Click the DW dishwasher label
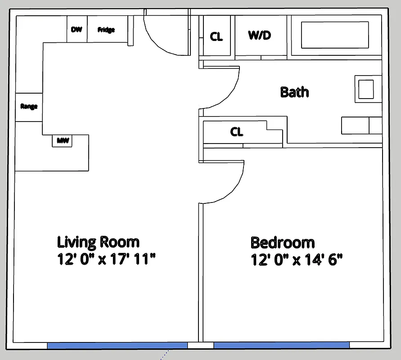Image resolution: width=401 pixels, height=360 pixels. click(77, 30)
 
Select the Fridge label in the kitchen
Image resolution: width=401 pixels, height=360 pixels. click(106, 30)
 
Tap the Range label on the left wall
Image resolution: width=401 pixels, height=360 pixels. click(29, 107)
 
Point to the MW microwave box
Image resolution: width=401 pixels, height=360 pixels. click(63, 140)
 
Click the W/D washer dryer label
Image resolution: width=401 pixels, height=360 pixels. click(260, 36)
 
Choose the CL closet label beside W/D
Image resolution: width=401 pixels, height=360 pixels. click(216, 36)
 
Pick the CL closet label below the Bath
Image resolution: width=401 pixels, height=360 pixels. click(237, 132)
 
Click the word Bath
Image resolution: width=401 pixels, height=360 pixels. click(294, 92)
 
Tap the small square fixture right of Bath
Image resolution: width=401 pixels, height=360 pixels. click(366, 89)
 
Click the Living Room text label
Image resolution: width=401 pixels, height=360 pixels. click(98, 242)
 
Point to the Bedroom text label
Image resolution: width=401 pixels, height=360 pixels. click(282, 243)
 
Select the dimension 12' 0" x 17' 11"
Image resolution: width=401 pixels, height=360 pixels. click(106, 260)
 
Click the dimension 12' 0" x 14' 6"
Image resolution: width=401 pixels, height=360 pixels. click(297, 260)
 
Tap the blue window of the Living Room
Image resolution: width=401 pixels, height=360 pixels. click(117, 345)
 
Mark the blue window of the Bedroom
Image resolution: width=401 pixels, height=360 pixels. click(281, 345)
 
